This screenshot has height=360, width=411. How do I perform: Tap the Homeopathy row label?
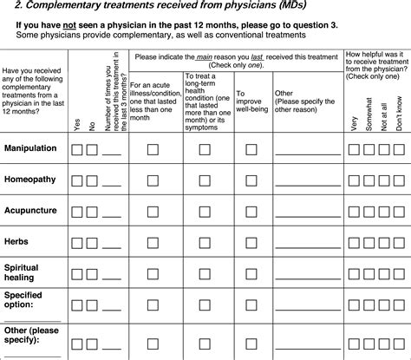point(30,180)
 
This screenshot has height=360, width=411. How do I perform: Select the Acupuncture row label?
point(31,211)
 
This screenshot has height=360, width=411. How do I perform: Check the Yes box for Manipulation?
point(76,149)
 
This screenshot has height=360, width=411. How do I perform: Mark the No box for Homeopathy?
point(91,180)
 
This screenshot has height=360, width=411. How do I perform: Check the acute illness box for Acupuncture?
point(153,212)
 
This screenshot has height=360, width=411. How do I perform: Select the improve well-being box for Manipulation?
point(251,149)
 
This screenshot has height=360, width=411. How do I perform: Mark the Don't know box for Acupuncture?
point(398,212)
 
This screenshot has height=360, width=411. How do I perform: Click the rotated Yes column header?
point(76,125)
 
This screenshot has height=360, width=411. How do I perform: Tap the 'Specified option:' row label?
point(26,301)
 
